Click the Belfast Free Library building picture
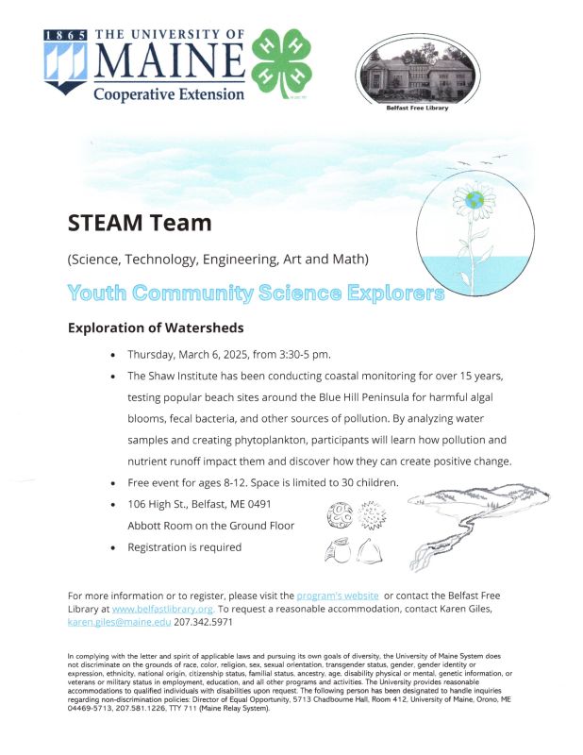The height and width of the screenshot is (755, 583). [x=417, y=71]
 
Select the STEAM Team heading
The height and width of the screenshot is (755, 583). [x=139, y=224]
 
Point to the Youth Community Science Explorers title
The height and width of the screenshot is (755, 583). [x=256, y=293]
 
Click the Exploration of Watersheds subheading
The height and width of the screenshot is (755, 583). [x=156, y=328]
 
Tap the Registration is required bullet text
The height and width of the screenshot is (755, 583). [x=185, y=547]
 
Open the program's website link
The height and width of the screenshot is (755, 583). [x=338, y=596]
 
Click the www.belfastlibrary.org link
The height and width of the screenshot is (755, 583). [x=162, y=610]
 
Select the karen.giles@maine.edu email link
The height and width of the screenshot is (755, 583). [x=119, y=623]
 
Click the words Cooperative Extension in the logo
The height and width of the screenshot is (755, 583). [x=168, y=93]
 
